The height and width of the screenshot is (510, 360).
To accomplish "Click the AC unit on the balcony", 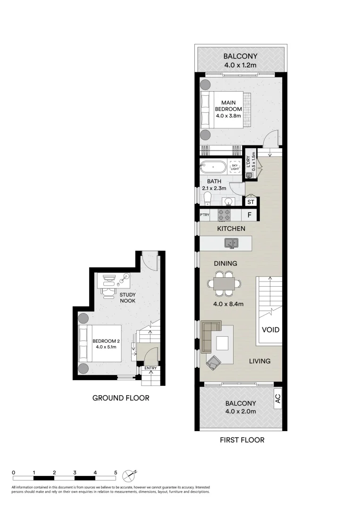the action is pos(278,399).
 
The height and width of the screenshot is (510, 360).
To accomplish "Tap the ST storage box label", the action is pos(251,202).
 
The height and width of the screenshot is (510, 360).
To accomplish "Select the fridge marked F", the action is pos(250,215).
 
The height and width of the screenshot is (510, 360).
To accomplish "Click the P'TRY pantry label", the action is pos(204,215).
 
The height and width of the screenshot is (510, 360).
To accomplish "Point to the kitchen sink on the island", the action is pos(231,243).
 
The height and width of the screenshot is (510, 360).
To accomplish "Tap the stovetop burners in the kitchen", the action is pos(224,215).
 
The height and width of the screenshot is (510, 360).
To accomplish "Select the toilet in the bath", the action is pos(207,198).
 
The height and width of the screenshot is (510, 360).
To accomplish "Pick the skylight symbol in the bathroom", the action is pos(235,167).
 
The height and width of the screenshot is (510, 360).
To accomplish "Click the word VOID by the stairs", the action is pos(271,330).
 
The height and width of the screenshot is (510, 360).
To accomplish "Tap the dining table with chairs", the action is pos(225,284).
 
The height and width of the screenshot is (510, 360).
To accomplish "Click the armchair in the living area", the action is pos(213,362).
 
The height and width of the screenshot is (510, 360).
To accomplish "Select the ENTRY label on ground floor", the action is pos(151,368).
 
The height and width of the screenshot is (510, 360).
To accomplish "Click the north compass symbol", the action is pos(129,476).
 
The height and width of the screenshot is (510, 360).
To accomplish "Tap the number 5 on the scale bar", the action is pos(116,473).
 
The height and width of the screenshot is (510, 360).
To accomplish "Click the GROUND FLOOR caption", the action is pos(121,398).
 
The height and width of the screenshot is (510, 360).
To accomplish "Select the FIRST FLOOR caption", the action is pos(242,440).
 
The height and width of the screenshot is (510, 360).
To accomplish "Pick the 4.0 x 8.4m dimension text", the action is pos(228,305).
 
